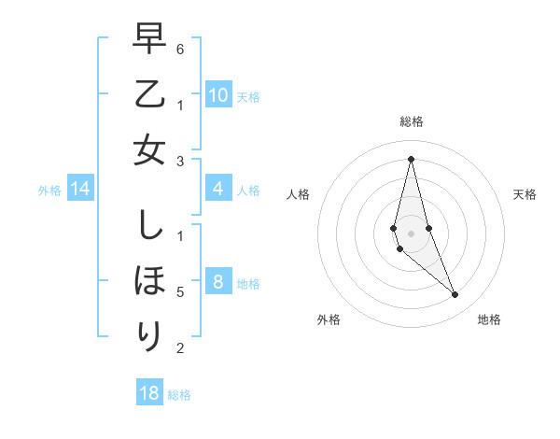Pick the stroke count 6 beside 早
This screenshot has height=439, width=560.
(179, 48)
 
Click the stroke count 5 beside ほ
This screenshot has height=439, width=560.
(179, 292)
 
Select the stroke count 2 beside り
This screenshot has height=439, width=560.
(179, 348)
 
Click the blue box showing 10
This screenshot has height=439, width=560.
(217, 95)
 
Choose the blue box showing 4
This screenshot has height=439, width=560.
(217, 190)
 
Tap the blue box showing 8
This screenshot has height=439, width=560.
(217, 282)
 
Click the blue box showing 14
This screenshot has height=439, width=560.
(79, 190)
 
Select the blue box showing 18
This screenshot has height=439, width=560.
(148, 393)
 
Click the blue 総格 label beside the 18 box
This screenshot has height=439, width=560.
(179, 395)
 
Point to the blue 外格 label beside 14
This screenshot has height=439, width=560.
(49, 191)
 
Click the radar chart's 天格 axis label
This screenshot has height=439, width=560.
(525, 194)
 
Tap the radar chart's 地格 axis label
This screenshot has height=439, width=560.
(489, 319)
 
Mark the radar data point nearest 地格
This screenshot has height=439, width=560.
(455, 295)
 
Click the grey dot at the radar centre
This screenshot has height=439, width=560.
(411, 233)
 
